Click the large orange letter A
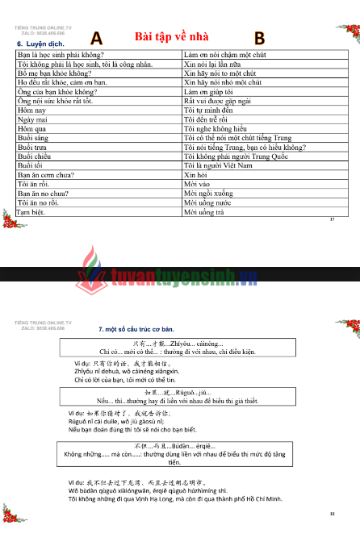97,38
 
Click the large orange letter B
259,38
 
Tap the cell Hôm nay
31,110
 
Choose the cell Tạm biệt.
32,213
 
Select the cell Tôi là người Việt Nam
218,165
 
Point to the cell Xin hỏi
196,175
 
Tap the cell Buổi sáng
33,138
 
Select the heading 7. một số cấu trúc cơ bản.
136,329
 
